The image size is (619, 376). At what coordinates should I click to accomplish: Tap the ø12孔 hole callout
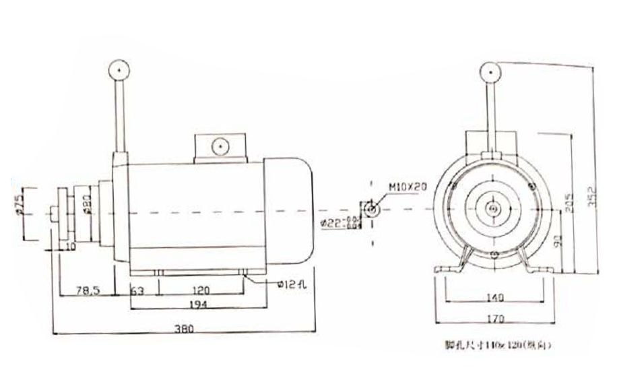coord(291,285)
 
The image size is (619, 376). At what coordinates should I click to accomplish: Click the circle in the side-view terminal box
coord(219,146)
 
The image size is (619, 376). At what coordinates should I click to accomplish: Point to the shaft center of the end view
coord(494,210)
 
